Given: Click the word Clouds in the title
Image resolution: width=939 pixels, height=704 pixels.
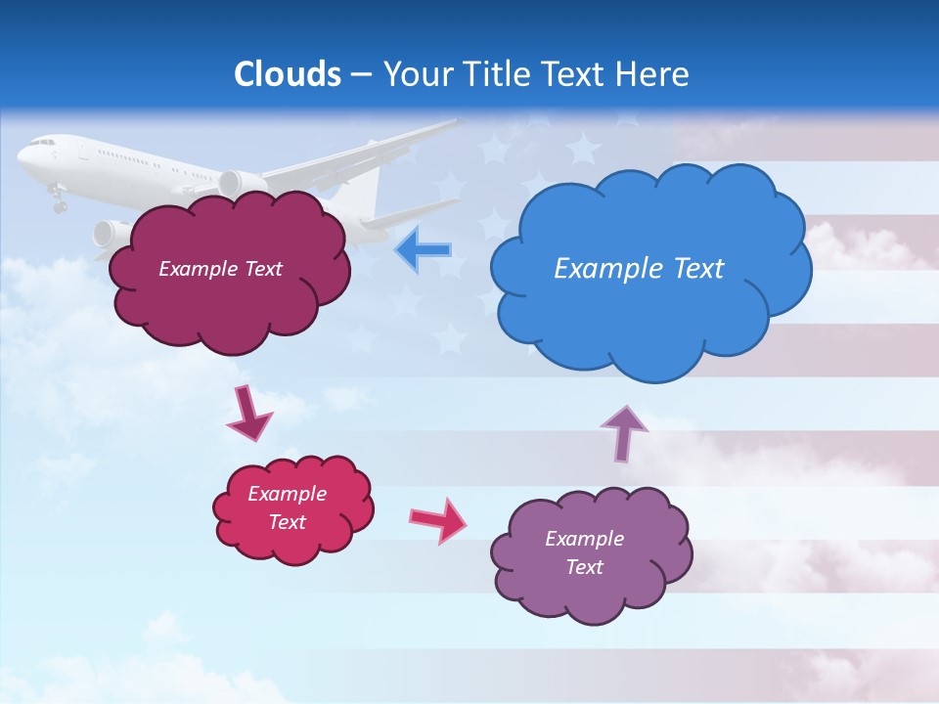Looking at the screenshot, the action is point(288,74).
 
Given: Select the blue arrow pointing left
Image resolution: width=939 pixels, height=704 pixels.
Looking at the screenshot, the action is point(423,250).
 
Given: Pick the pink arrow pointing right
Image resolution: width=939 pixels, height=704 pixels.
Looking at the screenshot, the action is point(437,520).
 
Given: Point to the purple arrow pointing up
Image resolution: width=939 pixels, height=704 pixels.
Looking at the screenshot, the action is point(625,433).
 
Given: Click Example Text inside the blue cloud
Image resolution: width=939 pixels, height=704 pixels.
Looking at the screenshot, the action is point(639,269).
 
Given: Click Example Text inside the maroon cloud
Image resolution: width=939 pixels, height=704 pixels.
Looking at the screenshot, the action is point(220,269).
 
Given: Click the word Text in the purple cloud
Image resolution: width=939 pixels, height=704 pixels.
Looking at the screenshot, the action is point(584,567).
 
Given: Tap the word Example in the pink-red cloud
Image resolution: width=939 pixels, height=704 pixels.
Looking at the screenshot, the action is point(287,494).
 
